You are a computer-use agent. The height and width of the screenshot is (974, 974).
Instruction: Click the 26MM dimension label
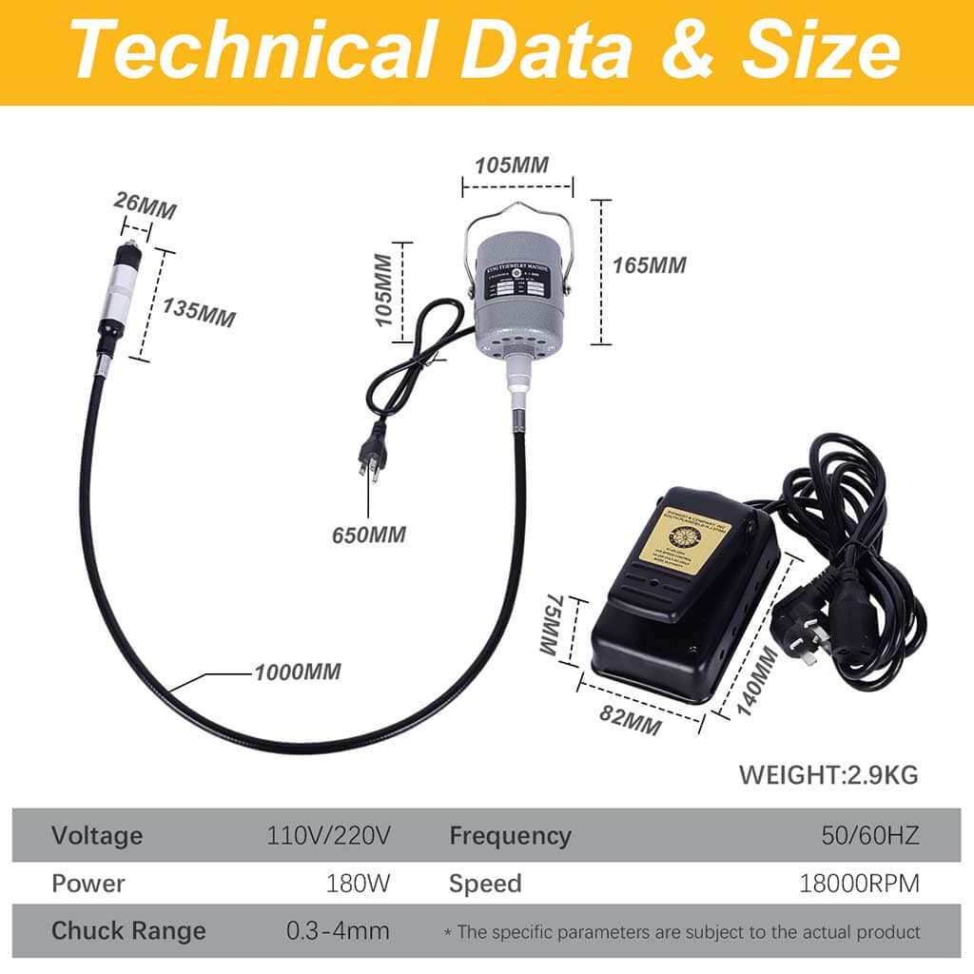[145, 205]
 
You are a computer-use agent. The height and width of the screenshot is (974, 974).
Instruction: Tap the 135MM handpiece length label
[198, 310]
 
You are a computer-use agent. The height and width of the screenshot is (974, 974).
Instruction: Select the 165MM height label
[649, 265]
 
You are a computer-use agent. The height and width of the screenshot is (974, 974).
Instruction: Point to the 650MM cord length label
[368, 535]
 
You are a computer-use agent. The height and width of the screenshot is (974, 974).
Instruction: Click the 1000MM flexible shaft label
[297, 672]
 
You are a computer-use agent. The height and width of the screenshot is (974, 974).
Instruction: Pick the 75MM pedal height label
[550, 625]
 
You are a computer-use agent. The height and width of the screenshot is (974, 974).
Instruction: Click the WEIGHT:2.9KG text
[828, 774]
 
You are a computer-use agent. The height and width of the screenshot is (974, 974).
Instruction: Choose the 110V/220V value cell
[329, 836]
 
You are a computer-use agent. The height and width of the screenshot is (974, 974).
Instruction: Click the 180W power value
[358, 884]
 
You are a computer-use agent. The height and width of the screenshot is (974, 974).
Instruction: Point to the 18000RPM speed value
[859, 884]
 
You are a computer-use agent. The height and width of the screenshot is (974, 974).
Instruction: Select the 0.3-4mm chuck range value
[338, 930]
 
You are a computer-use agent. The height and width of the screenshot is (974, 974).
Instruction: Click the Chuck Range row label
[128, 930]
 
